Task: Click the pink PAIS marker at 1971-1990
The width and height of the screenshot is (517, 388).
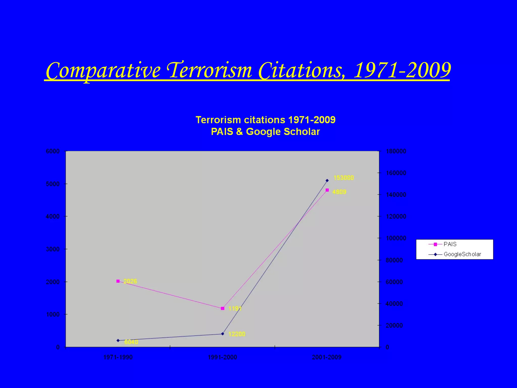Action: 118,281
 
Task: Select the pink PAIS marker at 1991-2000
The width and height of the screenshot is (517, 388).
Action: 222,308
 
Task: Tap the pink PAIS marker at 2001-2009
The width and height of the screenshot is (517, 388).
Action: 327,190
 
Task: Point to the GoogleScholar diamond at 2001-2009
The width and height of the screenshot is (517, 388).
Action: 327,180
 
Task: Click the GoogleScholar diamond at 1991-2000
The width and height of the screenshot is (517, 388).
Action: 222,334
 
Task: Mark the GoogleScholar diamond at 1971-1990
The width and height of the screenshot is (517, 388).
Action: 118,341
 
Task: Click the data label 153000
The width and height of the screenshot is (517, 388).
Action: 344,178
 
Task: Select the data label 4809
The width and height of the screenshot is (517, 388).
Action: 339,192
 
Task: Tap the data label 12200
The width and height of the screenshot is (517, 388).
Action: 237,334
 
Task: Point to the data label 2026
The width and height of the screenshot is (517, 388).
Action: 130,281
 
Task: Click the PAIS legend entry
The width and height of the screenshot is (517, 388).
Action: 450,244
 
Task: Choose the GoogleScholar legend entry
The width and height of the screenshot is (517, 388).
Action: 462,254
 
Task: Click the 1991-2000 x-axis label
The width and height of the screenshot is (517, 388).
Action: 222,357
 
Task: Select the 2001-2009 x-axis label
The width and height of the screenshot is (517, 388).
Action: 327,357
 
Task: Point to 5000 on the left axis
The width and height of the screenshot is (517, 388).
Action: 53,184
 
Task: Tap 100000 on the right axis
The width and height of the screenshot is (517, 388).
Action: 396,238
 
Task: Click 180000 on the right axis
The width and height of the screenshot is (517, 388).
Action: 396,151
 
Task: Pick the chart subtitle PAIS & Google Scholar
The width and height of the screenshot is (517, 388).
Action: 265,132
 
